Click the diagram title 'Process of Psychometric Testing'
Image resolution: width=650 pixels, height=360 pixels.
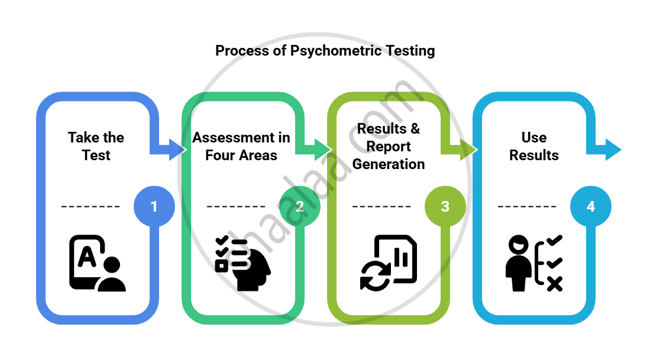[x=325, y=51]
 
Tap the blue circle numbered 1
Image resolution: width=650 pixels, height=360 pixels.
[x=154, y=206]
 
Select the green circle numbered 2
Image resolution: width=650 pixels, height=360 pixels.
[x=300, y=206]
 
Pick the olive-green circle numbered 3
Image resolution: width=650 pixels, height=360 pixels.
[x=445, y=206]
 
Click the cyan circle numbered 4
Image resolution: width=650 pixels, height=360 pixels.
[x=591, y=206]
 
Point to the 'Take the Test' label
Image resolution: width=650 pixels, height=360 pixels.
[x=96, y=147]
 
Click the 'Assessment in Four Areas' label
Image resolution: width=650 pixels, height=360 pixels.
[x=241, y=147]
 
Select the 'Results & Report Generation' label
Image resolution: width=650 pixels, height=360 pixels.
[x=389, y=147]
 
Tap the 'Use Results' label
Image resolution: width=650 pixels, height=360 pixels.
[x=534, y=147]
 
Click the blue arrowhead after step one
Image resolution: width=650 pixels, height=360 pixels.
[x=177, y=150]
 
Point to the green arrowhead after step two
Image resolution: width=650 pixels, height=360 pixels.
[x=322, y=150]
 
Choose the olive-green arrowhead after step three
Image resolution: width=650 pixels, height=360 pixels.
[x=468, y=150]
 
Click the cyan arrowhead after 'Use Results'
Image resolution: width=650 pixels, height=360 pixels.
[x=613, y=150]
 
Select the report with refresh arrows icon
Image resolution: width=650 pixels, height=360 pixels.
[x=388, y=264]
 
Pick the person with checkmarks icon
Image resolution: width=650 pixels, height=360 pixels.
[x=533, y=264]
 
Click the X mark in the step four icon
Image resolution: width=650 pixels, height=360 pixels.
[x=554, y=284]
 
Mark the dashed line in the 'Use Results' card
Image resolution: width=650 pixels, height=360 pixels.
[x=527, y=207]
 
